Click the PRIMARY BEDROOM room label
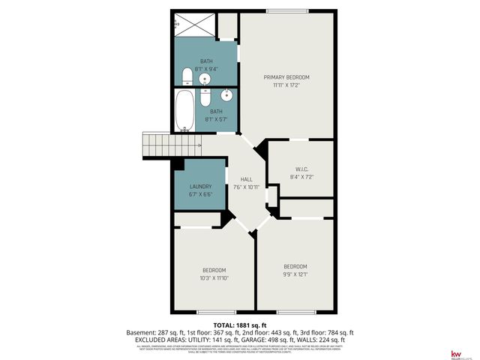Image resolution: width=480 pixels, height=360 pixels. [x=286, y=77]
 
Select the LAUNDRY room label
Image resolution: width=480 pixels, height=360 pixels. [x=200, y=187]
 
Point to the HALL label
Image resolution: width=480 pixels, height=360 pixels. [x=246, y=179]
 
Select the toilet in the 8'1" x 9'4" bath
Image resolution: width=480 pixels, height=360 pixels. [x=187, y=76]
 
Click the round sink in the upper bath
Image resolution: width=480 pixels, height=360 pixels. [x=205, y=79]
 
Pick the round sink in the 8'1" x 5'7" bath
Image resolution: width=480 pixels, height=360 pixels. [x=226, y=95]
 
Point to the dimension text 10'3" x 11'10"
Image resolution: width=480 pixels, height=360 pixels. [x=214, y=278]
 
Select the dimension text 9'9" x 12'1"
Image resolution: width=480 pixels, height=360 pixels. [x=295, y=274]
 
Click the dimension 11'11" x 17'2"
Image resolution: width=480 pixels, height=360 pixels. [x=286, y=85]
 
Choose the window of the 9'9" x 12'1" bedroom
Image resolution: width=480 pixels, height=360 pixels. [x=295, y=311]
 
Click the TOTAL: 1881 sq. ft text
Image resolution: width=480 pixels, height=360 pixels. [x=239, y=325]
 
